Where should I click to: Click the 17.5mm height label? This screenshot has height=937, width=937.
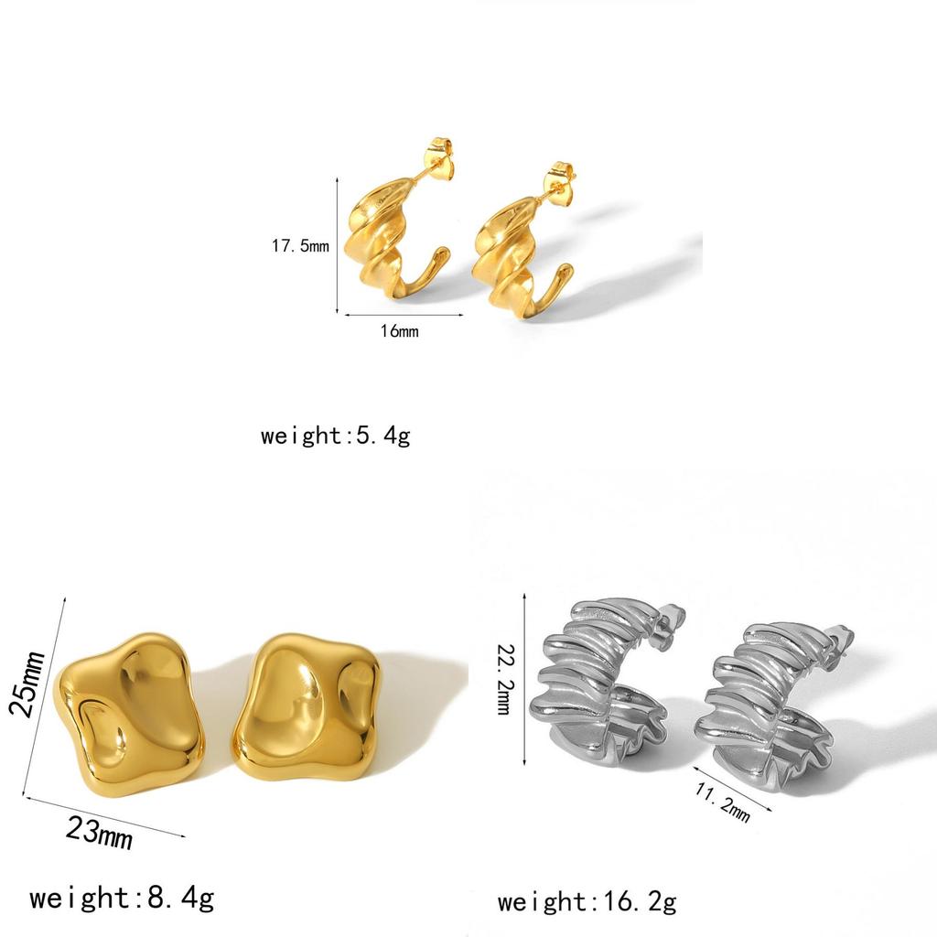pos(300,245)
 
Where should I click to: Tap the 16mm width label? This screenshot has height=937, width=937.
pos(399,330)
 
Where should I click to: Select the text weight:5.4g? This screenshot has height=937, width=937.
pos(335,436)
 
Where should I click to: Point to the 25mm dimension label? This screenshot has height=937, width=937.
pos(27,683)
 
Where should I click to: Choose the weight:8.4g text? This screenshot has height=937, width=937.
pos(122,899)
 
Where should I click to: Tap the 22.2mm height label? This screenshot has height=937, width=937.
pos(505,679)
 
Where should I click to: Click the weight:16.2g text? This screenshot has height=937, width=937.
pos(587,901)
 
